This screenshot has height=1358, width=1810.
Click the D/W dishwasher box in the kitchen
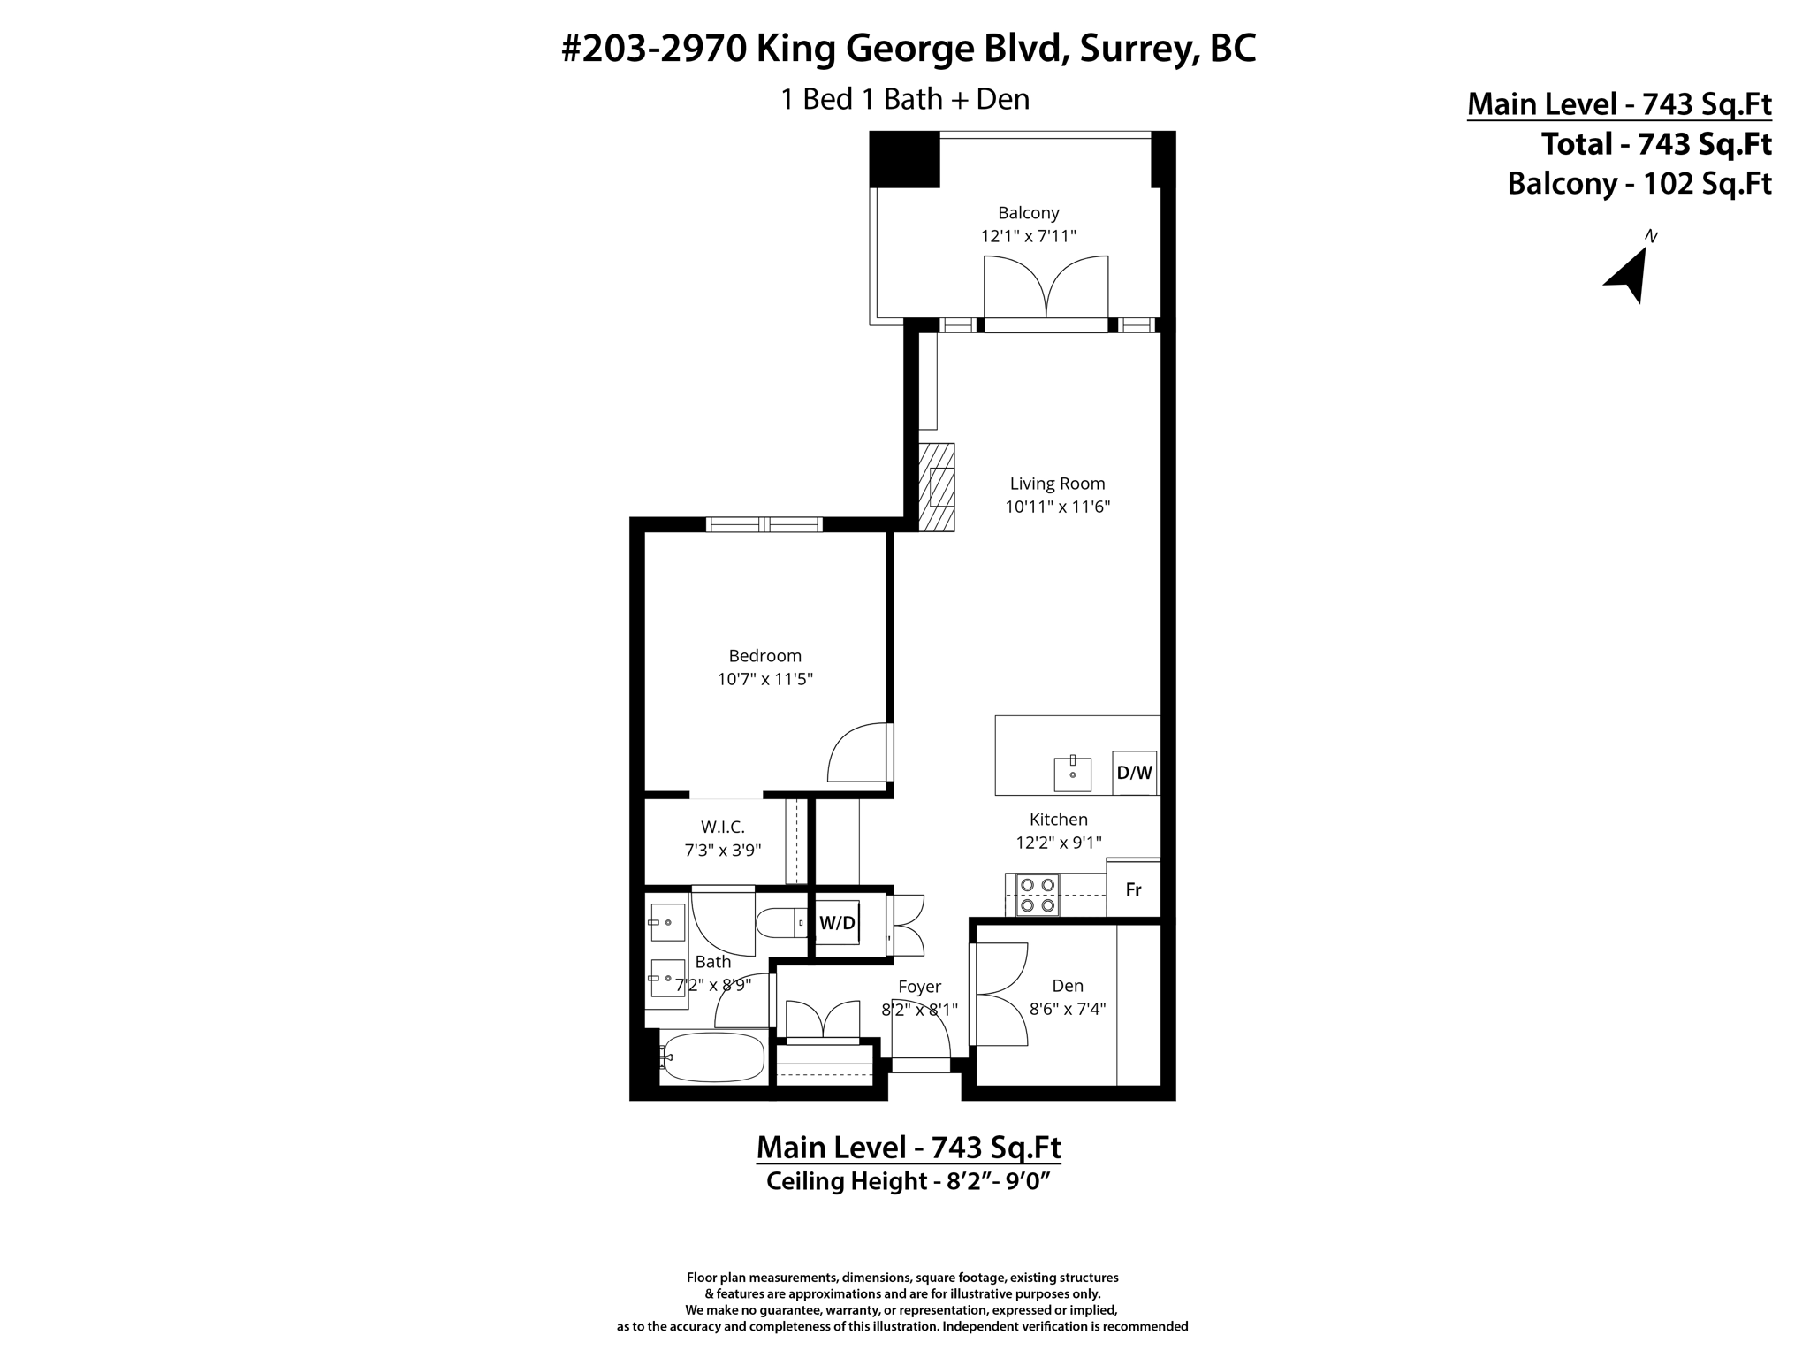(x=1135, y=773)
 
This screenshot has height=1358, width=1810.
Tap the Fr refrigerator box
(x=1133, y=889)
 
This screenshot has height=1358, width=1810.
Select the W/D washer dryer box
(x=837, y=923)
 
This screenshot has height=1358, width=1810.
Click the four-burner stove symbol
(x=1038, y=894)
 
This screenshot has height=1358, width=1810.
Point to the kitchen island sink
(x=1072, y=774)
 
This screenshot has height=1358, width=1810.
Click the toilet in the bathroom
(x=782, y=922)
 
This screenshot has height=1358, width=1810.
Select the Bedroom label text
(x=764, y=656)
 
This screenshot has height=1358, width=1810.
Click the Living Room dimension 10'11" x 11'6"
(x=1057, y=507)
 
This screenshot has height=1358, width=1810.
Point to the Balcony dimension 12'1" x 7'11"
(x=1028, y=237)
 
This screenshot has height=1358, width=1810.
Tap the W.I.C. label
(x=723, y=828)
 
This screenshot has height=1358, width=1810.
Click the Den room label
(x=1068, y=986)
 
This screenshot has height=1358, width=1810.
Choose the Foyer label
(x=919, y=987)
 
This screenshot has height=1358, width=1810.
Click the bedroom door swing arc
(x=856, y=753)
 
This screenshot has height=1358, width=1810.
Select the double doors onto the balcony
(x=1046, y=287)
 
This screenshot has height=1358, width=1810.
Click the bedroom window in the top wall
(x=764, y=524)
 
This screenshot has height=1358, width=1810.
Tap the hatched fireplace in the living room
(x=937, y=486)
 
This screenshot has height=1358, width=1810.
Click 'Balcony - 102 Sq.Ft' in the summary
(x=1639, y=184)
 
